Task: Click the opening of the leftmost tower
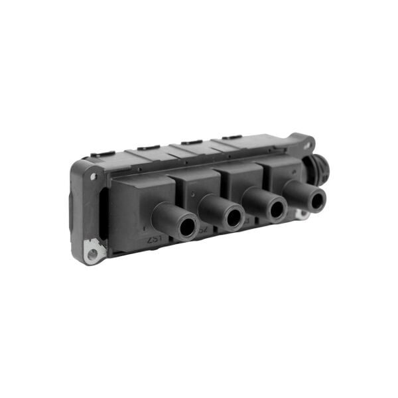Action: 186,226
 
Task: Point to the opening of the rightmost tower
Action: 316,200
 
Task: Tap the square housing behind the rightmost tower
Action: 282,168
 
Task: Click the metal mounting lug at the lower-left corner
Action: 93,251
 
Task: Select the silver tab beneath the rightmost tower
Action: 302,214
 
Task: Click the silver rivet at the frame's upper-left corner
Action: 93,176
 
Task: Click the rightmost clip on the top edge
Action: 232,137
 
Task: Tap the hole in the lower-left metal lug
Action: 92,253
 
